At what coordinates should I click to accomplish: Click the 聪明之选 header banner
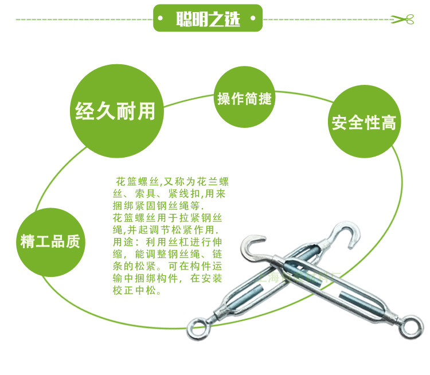[x=208, y=18]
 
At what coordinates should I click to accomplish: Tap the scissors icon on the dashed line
[x=402, y=19]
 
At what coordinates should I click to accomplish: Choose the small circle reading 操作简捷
[x=244, y=98]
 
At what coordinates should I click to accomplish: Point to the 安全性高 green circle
[x=364, y=122]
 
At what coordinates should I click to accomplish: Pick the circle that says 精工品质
[x=52, y=241]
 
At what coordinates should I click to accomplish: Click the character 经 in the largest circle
[x=85, y=110]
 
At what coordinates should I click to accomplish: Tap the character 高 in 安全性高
[x=389, y=123]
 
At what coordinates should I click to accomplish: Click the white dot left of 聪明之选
[x=165, y=19]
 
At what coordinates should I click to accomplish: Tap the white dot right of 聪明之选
[x=250, y=19]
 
